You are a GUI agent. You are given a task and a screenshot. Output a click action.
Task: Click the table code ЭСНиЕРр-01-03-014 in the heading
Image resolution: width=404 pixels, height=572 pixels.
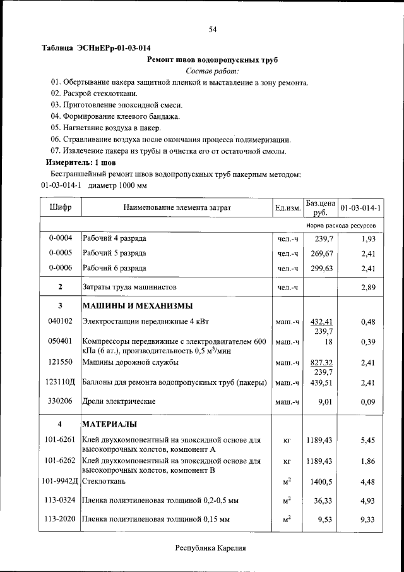click(x=114, y=48)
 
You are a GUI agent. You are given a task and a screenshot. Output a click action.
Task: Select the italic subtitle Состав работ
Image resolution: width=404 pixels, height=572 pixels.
click(x=212, y=71)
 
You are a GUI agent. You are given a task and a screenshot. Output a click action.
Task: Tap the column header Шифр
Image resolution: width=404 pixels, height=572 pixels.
click(x=61, y=207)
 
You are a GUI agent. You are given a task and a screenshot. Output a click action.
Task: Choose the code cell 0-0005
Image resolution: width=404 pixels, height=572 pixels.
click(x=61, y=253)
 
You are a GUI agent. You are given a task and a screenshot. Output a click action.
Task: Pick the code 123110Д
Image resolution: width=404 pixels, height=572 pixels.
click(x=61, y=382)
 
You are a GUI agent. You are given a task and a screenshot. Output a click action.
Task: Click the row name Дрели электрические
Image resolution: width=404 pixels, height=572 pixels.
click(x=119, y=401)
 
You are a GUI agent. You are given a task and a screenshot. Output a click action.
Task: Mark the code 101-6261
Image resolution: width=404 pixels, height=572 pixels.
click(x=61, y=439)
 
